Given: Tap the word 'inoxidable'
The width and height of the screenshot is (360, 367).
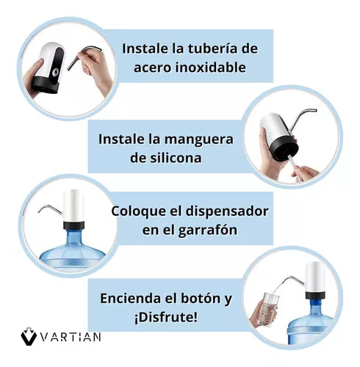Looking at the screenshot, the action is [x=211, y=68].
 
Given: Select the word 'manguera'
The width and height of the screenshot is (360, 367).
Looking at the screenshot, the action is [x=198, y=140].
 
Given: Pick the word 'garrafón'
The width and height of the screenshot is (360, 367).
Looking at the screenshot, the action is [x=208, y=230].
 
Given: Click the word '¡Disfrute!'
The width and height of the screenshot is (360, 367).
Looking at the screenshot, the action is [x=165, y=317].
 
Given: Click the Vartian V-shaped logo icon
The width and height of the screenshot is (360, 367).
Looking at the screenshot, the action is [x=29, y=336].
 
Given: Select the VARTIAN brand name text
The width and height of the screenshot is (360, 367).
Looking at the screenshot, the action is [x=71, y=337].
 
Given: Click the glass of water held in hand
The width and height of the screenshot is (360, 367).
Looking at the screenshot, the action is [x=270, y=310].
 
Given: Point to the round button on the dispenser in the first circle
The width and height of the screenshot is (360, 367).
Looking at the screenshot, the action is [x=56, y=72].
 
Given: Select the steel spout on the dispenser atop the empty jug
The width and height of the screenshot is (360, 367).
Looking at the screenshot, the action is [x=50, y=209].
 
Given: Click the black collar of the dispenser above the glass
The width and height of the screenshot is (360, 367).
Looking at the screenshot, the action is [x=315, y=295].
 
